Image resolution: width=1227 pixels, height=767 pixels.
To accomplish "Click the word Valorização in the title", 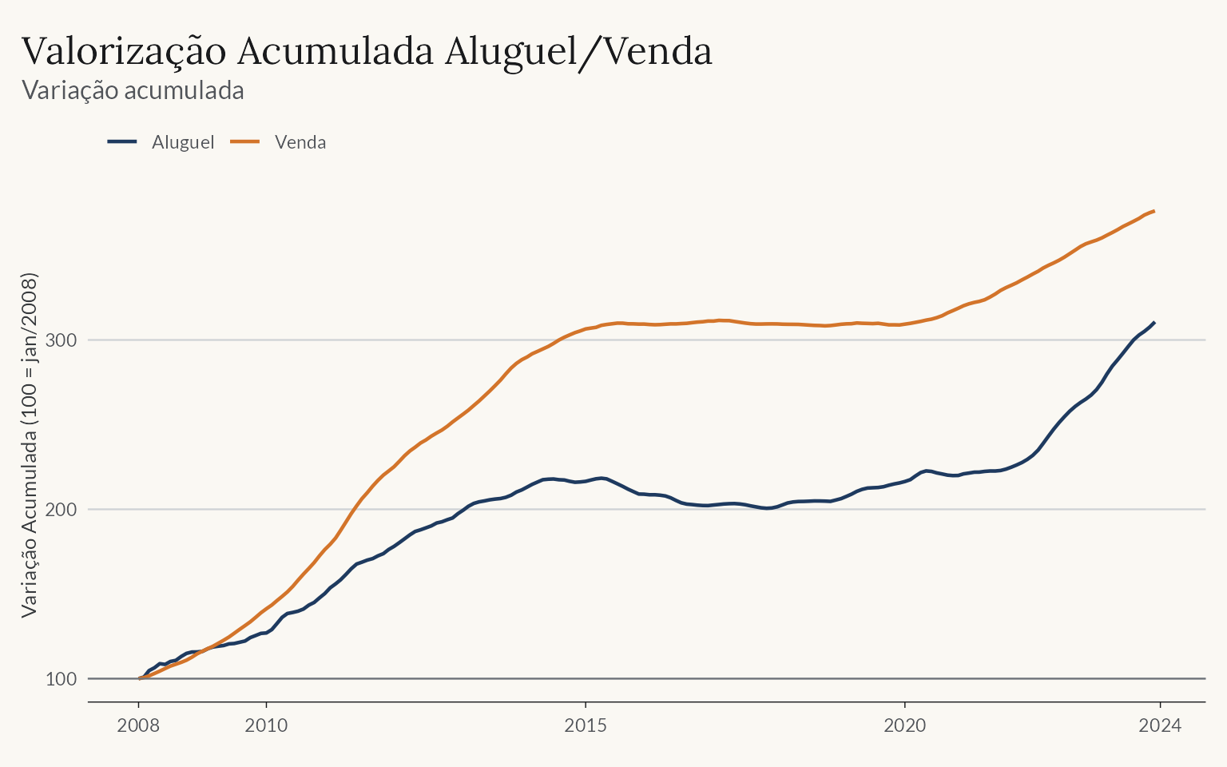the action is [124, 52].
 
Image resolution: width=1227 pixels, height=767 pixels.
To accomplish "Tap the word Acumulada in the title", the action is [336, 51].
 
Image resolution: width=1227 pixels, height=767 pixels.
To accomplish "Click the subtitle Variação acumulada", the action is [133, 90].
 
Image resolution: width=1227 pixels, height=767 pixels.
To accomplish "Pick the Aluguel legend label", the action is [183, 142].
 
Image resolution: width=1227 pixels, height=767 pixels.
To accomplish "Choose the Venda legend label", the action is [300, 142].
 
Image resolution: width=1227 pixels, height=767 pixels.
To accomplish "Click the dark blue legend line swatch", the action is [122, 142].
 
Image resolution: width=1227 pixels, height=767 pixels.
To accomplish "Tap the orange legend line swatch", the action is [245, 142].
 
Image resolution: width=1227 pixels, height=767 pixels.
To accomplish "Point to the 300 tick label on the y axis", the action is [61, 340].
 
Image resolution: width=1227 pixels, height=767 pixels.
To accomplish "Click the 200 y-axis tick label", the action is [61, 510].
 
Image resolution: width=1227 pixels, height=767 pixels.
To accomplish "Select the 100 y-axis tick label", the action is [61, 679].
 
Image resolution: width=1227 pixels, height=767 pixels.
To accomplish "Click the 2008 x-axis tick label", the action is [138, 725].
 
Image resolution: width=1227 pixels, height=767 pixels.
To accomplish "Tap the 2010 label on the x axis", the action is [266, 725].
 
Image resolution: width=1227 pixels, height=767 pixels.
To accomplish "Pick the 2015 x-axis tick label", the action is [586, 725].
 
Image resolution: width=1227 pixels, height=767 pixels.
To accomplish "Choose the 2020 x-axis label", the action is [905, 725].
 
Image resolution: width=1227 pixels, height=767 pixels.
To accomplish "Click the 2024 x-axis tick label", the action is [1160, 725].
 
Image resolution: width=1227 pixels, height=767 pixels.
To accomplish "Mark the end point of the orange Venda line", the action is [1154, 211].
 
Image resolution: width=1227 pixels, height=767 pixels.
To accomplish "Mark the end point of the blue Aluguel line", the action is [1154, 322].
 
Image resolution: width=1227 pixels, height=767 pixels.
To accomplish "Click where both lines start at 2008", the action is [140, 678].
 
